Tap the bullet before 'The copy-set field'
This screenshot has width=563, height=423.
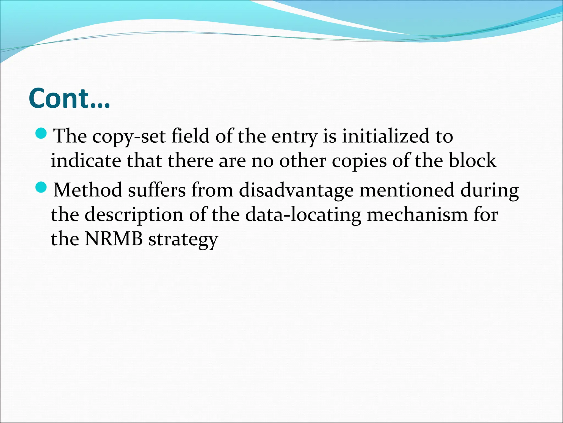(42, 134)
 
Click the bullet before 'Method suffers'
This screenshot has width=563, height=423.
(42, 188)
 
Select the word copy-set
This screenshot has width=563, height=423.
(129, 136)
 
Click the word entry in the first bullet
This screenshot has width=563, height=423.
(294, 136)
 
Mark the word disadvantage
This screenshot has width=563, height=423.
(296, 190)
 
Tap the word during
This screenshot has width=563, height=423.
(490, 190)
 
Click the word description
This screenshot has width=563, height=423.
(134, 215)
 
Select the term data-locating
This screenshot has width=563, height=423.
(303, 215)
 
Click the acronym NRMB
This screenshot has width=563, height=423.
(114, 238)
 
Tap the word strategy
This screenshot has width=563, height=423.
(183, 239)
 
